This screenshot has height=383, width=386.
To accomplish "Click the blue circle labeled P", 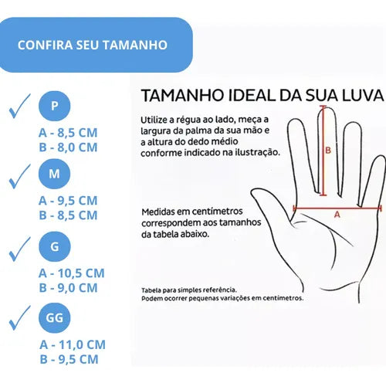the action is (x=54, y=106).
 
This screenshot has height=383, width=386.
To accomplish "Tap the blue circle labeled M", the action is (x=54, y=174).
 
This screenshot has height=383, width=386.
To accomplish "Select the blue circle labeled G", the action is (x=54, y=246).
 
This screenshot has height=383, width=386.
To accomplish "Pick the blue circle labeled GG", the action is (x=54, y=317).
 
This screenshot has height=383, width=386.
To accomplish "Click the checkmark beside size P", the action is (x=19, y=106).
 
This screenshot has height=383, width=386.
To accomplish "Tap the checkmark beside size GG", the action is (x=19, y=318).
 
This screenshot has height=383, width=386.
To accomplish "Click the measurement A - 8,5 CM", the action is (x=68, y=133).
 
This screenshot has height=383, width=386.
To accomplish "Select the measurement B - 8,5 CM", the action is (x=68, y=215).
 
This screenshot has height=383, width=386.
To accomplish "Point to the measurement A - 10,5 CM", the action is (x=72, y=273).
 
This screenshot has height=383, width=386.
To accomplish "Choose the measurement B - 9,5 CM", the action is (x=69, y=359).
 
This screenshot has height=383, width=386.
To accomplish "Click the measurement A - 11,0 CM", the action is (x=73, y=344).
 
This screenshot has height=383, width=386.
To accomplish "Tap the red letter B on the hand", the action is (x=328, y=150).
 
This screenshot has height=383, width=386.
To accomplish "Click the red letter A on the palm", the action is (x=337, y=214).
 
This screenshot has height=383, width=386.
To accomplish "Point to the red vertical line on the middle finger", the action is (x=323, y=151).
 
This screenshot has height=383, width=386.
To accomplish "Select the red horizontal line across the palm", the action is (x=337, y=208).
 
